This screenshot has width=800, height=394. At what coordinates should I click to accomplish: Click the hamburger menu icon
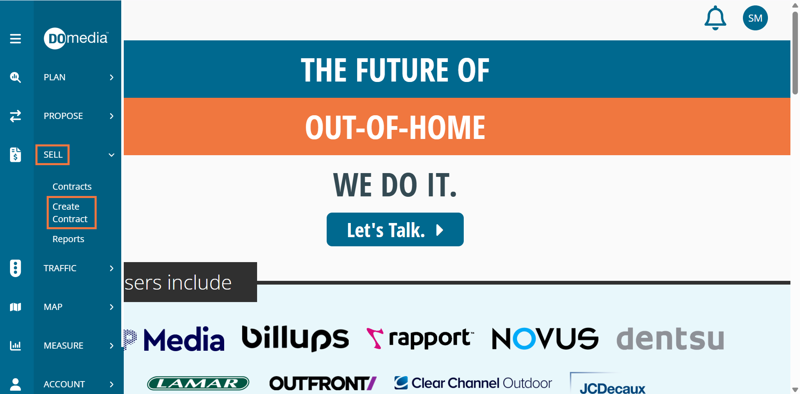(x=15, y=39)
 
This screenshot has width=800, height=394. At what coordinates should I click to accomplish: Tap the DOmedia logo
(x=76, y=38)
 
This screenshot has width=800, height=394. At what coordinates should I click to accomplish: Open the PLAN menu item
(x=55, y=77)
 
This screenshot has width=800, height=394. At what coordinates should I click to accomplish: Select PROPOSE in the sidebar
(x=63, y=116)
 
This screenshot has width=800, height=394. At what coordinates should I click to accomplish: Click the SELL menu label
(x=53, y=155)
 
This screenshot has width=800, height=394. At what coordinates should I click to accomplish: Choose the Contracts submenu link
(x=72, y=187)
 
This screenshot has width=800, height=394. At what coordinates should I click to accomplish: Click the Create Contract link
(x=70, y=213)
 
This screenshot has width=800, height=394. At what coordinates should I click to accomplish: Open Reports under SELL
(x=68, y=239)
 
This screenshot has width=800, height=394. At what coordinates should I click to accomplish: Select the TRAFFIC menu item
(x=60, y=268)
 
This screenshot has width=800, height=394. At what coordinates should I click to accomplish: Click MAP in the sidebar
(x=53, y=307)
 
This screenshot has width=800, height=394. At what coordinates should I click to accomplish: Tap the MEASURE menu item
(x=63, y=346)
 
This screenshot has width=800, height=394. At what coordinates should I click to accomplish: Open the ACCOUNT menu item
(x=64, y=384)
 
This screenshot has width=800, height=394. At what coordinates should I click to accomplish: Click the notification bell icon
(x=715, y=18)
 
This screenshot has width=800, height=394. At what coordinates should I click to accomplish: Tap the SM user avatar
(x=755, y=18)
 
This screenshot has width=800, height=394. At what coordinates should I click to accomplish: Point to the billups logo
(x=295, y=338)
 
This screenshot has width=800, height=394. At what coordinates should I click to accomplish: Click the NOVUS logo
(x=545, y=338)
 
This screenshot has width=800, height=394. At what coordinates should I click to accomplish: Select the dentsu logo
(x=670, y=338)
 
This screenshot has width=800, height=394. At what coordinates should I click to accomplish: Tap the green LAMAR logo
(x=198, y=383)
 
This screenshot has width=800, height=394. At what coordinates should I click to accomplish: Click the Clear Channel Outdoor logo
(x=473, y=383)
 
